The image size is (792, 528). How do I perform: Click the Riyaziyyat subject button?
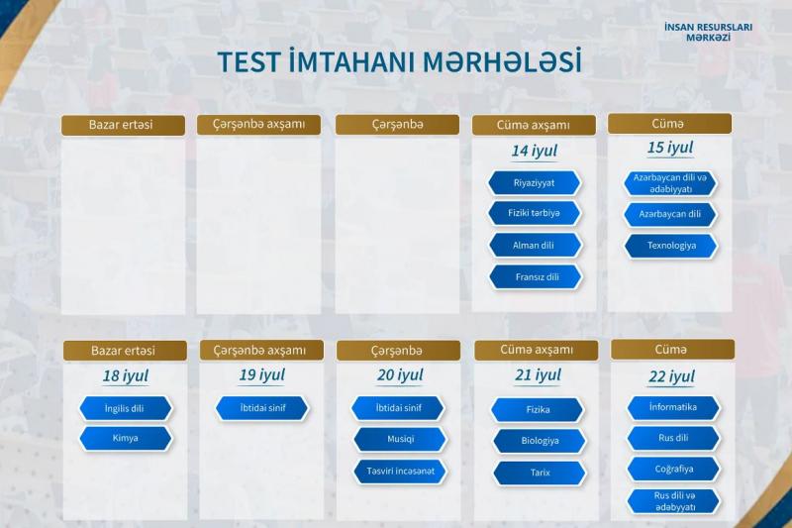pos(535,183)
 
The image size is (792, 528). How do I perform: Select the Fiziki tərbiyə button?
pos(535,213)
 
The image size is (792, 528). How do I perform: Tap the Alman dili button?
pos(535,245)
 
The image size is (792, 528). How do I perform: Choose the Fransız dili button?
pos(536,277)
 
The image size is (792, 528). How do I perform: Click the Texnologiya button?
pos(671,246)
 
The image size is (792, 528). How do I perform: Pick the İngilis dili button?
pos(126,408)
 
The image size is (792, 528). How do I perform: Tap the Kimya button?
pos(126,438)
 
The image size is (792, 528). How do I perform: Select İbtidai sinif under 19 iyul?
pos(261,408)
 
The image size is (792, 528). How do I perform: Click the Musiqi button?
pos(400,439)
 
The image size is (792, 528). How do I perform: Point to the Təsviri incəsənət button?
pos(400,472)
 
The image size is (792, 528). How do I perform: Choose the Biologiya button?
pos(539,441)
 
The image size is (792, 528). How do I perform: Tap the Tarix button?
pos(539,473)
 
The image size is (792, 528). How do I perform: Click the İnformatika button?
pos(673,408)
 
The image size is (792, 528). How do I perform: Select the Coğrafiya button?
pos(673,469)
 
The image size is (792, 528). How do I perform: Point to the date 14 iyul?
pos(535,151)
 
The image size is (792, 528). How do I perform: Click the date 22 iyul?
pos(672,376)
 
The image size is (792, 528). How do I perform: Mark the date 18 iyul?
pos(126,375)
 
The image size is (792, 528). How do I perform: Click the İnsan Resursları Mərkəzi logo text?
pos(708,32)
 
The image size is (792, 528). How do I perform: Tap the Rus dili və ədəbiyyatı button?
pos(674,501)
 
